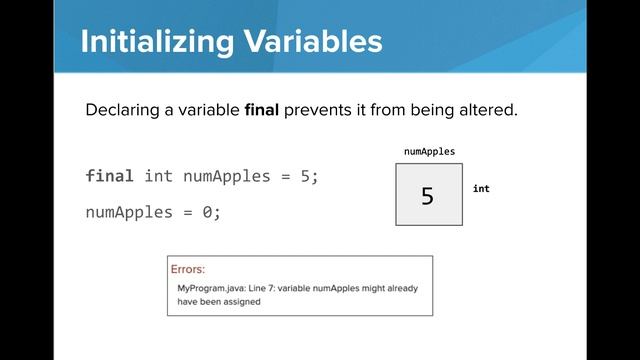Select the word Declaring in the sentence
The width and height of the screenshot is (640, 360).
pyautogui.click(x=122, y=110)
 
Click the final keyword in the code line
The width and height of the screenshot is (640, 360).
pyautogui.click(x=109, y=176)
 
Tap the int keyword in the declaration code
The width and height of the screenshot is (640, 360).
pyautogui.click(x=159, y=176)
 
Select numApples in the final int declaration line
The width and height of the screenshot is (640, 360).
pyautogui.click(x=227, y=176)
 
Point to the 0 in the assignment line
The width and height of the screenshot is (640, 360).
pyautogui.click(x=210, y=212)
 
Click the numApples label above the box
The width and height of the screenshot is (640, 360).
pyautogui.click(x=429, y=152)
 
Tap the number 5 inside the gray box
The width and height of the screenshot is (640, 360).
pyautogui.click(x=428, y=196)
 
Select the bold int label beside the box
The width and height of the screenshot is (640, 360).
pyautogui.click(x=481, y=189)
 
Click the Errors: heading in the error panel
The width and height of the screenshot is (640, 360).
pyautogui.click(x=188, y=269)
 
